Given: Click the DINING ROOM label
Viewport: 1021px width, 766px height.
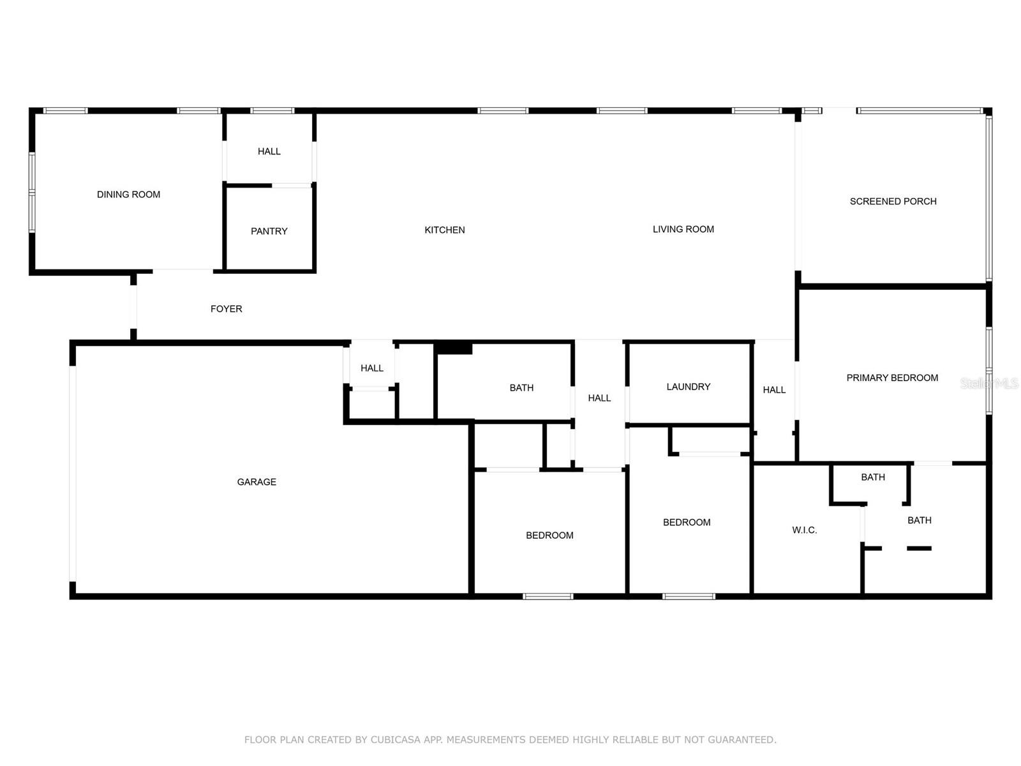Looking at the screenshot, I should point(128,195).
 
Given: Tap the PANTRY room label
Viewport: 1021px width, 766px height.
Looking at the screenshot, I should point(269,231).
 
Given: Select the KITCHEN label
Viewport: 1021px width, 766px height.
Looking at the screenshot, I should point(445,230).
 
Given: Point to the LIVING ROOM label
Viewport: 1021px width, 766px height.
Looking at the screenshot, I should point(683,229).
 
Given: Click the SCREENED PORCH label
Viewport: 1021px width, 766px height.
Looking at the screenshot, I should point(893,202).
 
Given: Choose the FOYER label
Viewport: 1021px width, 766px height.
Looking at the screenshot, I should point(226,309).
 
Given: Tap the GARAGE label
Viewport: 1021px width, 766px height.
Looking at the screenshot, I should point(257,482).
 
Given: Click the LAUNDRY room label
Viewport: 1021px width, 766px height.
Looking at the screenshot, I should point(688,387).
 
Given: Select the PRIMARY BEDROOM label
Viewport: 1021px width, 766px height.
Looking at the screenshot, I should point(892,378).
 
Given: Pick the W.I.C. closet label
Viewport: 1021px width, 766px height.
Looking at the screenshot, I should point(804,530).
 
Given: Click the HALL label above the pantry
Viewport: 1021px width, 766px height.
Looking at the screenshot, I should point(269,151).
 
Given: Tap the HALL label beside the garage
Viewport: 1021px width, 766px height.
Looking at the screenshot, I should point(371,368).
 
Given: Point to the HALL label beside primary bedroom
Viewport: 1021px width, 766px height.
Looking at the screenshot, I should point(774,390).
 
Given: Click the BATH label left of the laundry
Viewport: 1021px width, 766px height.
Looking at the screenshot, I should point(521,388).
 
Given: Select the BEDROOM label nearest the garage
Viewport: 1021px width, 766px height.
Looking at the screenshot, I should point(549,536).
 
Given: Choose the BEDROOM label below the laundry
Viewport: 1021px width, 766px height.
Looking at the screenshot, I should point(687,523).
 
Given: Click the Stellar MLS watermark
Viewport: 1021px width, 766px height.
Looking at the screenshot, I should point(989,384).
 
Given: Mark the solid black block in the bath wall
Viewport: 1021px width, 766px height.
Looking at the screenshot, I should point(453,349).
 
